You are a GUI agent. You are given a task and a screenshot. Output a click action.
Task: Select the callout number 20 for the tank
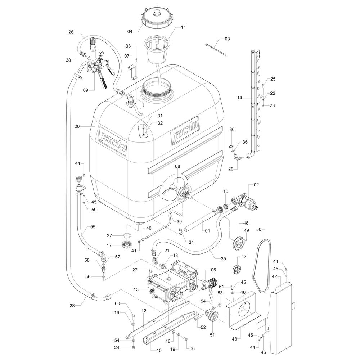click(x=77, y=126)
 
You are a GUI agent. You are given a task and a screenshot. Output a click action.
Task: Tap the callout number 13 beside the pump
click(x=136, y=290)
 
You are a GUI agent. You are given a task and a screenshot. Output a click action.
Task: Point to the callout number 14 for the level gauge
click(x=239, y=97)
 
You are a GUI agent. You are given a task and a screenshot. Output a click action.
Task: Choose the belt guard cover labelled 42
click(x=282, y=317)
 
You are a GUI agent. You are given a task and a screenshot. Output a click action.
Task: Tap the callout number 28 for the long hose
click(x=72, y=305)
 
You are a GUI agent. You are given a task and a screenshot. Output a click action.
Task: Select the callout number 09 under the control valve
click(x=86, y=90)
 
